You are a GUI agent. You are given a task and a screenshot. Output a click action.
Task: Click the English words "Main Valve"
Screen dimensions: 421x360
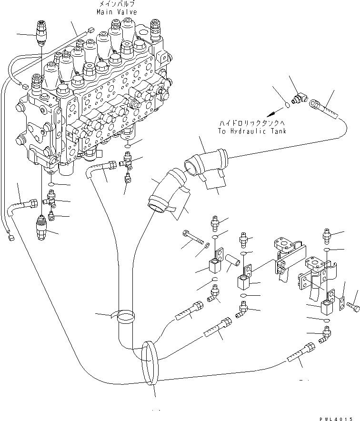coord(117,12)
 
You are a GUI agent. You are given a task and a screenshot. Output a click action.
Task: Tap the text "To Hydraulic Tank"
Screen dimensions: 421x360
coord(252,132)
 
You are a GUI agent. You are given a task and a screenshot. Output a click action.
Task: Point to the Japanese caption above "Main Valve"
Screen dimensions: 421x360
coord(117,4)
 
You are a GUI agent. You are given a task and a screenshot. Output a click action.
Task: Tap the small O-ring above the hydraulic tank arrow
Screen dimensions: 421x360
coord(285,104)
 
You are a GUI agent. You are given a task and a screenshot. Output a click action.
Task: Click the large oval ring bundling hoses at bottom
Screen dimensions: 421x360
coord(149,362)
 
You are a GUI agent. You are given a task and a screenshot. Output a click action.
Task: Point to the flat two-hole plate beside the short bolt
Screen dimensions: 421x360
coord(341,304)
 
